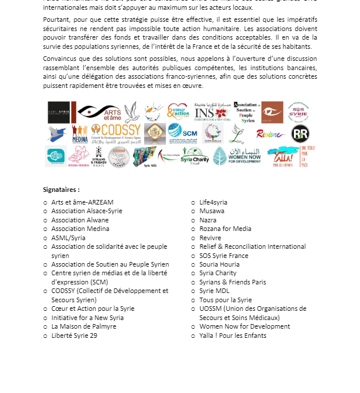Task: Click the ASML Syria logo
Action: [x=59, y=112]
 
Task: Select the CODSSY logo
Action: [x=115, y=133]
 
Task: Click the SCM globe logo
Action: [x=183, y=133]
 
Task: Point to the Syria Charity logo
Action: [x=195, y=157]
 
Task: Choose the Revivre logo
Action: [x=270, y=134]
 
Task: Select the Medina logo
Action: [x=80, y=134]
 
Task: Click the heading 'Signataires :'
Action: [x=61, y=189]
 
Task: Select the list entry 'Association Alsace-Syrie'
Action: [x=87, y=211]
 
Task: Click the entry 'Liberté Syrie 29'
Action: [x=74, y=336]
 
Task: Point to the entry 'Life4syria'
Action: [x=213, y=202]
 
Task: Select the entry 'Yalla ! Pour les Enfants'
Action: [x=233, y=336]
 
